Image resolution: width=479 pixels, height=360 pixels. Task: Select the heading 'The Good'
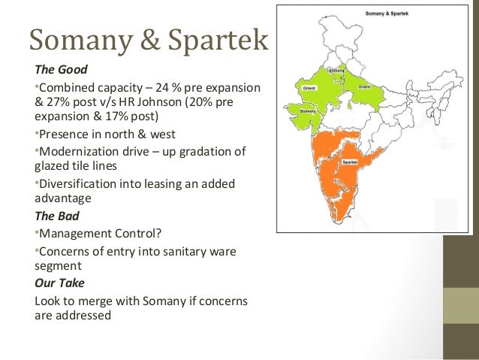click(x=61, y=69)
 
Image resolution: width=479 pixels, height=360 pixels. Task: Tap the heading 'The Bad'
click(x=58, y=216)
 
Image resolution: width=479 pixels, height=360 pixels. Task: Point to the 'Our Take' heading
click(x=59, y=284)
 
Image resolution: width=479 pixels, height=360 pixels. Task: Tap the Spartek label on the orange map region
click(x=348, y=162)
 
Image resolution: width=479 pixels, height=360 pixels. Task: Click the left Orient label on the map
click(x=308, y=89)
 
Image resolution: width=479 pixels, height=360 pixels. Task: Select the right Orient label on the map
click(x=364, y=87)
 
